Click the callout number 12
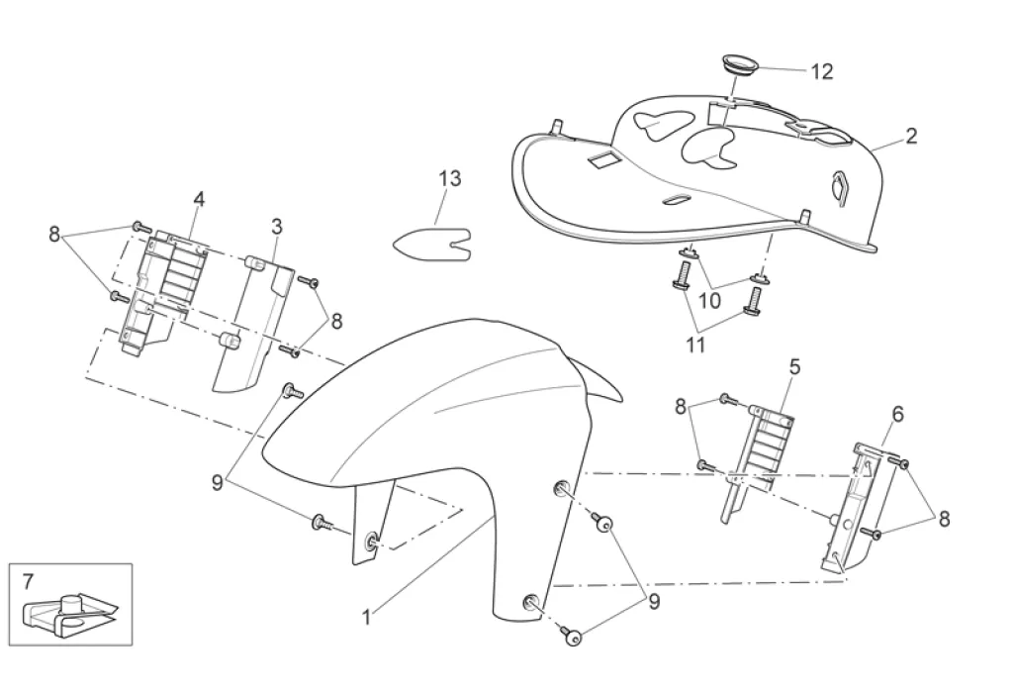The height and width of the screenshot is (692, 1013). [821, 71]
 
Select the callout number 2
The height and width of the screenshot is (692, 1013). [910, 136]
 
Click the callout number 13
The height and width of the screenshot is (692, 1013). [450, 179]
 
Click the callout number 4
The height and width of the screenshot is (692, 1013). [199, 199]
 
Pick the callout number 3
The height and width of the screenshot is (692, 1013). [277, 227]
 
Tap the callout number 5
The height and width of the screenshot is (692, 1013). [794, 366]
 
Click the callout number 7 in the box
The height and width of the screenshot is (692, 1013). [27, 579]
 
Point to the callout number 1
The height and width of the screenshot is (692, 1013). [366, 617]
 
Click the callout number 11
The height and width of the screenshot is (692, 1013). [695, 345]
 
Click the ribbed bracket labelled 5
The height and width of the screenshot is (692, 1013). [762, 445]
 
